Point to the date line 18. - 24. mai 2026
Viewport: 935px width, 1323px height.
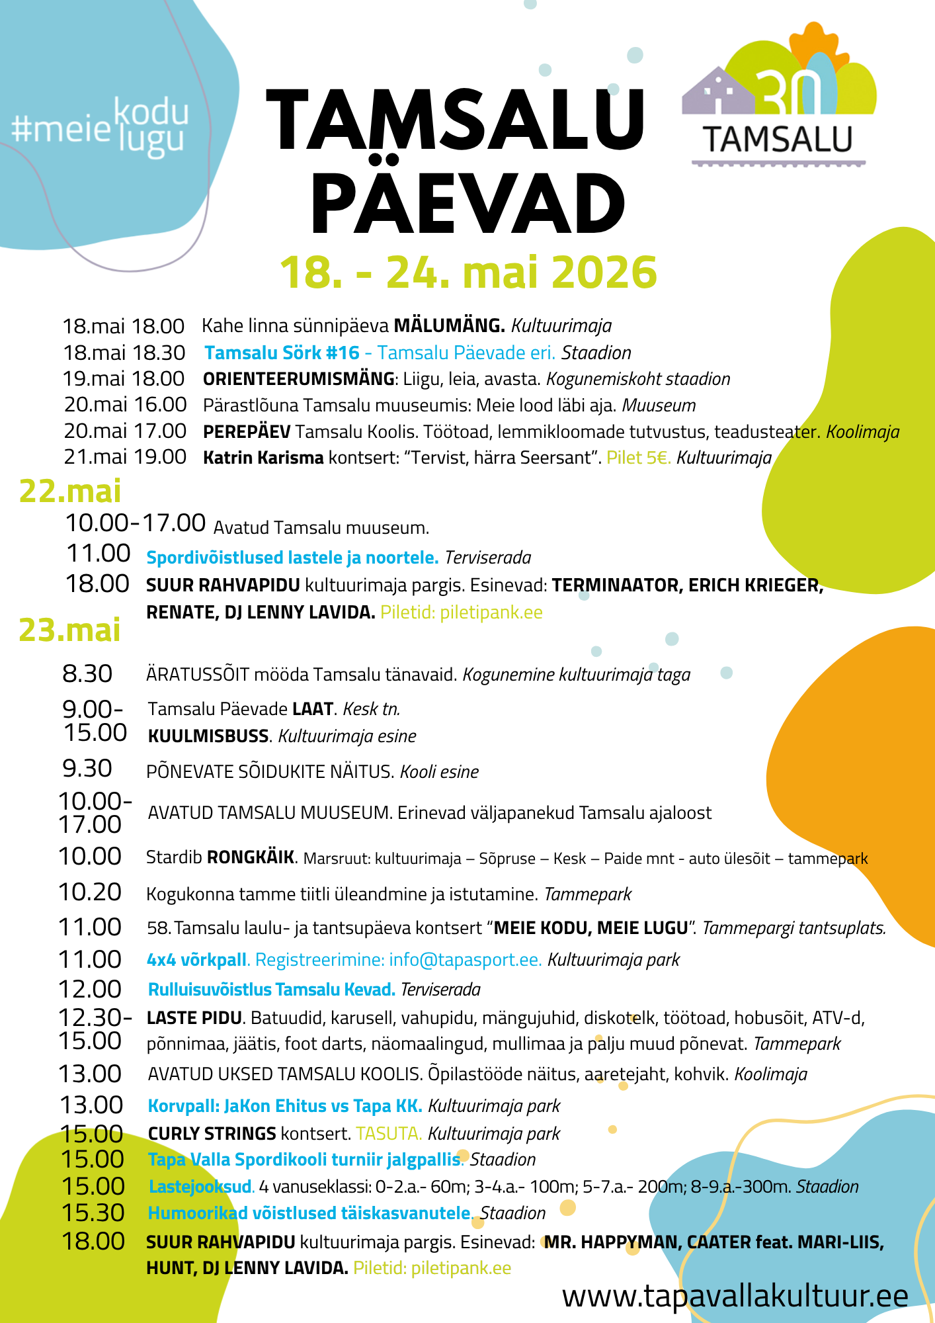(x=468, y=272)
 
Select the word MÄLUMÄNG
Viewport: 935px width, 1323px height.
(x=450, y=325)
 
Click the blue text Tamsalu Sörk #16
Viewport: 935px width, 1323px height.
(x=282, y=353)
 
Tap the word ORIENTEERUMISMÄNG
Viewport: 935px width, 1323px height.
(x=299, y=379)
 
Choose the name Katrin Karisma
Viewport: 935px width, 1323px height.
(x=263, y=457)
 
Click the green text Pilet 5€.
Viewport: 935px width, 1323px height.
(x=639, y=457)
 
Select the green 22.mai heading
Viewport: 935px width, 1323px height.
(x=70, y=491)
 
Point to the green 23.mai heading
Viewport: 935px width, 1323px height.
(x=69, y=630)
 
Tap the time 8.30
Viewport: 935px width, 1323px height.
(x=87, y=673)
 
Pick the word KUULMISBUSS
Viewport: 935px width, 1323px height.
(x=208, y=736)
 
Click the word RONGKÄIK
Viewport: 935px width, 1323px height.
(x=251, y=857)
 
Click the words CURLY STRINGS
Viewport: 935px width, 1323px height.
(x=212, y=1133)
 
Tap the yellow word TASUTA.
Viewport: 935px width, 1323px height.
(x=388, y=1133)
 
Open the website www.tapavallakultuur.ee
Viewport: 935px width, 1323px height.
(x=735, y=1296)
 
